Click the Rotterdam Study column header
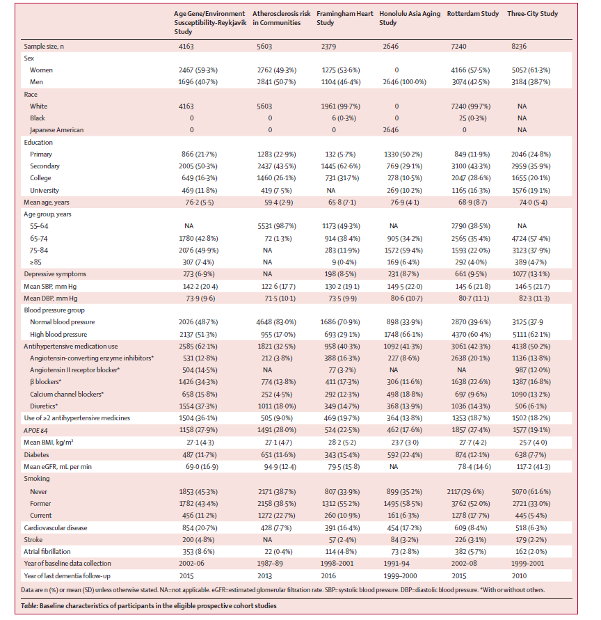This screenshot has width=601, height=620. (x=472, y=14)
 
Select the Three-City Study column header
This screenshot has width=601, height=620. (x=532, y=14)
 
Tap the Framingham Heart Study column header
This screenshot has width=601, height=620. (x=344, y=18)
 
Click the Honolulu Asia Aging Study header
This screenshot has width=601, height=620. (x=409, y=18)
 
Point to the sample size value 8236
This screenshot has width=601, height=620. (x=519, y=46)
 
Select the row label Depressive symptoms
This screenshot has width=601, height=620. (x=55, y=274)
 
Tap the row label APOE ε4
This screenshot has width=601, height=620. (x=35, y=430)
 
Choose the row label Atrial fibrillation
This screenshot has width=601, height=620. (x=47, y=552)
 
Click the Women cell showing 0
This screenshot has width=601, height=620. (x=396, y=70)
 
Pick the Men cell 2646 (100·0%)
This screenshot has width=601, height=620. (x=404, y=82)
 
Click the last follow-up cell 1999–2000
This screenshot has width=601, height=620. (x=400, y=576)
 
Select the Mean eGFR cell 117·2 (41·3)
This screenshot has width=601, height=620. (x=533, y=467)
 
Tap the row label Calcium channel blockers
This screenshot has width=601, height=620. (x=66, y=395)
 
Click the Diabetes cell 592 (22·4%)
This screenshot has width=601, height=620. (x=404, y=454)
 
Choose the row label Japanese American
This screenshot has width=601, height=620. (x=56, y=130)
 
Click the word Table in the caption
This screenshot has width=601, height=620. (x=29, y=606)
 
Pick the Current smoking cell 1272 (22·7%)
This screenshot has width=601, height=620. (x=276, y=516)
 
